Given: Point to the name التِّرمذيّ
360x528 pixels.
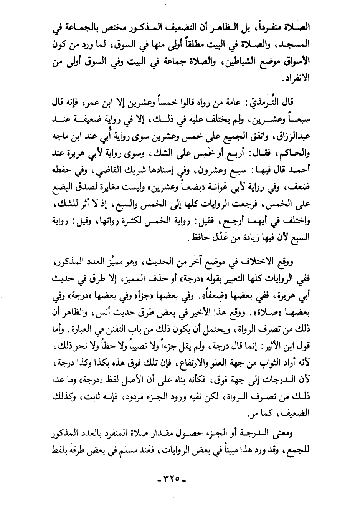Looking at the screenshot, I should [286, 103].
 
